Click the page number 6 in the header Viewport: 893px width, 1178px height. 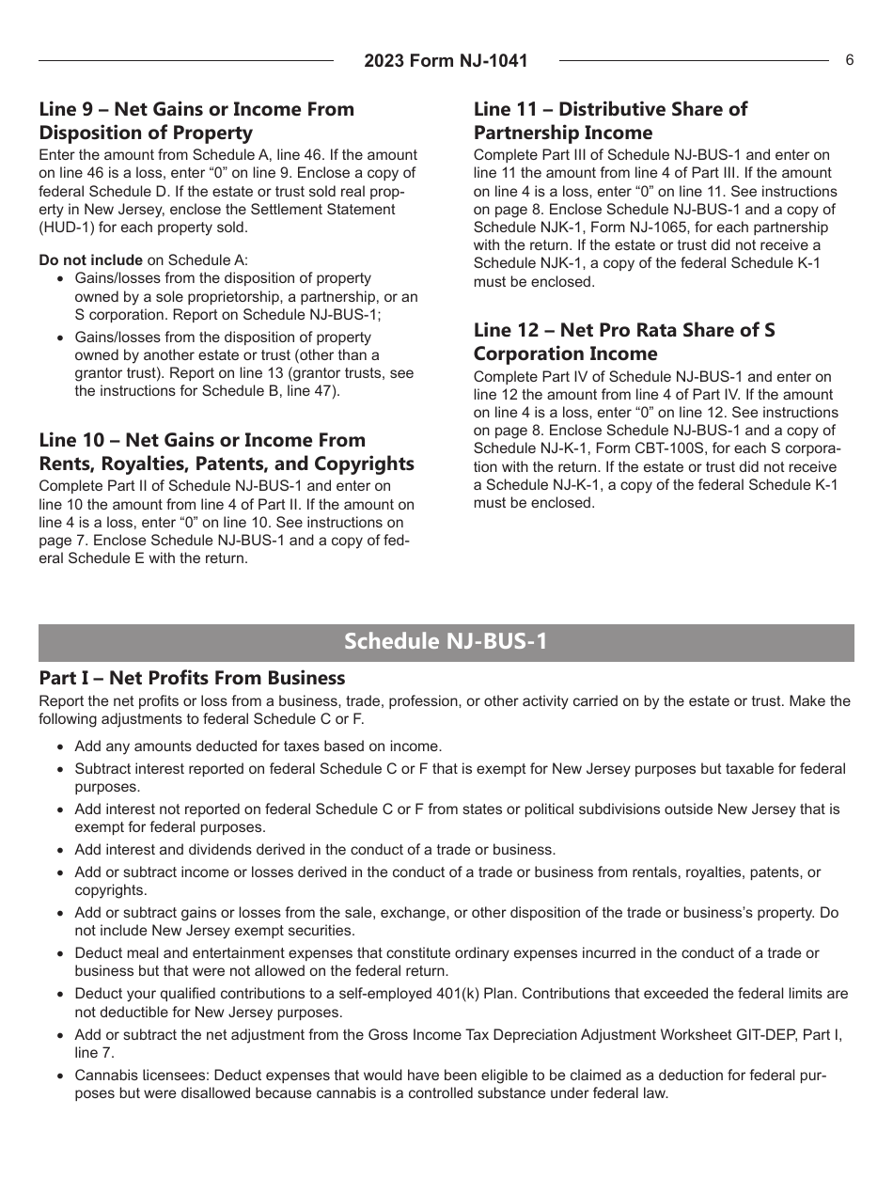coord(849,60)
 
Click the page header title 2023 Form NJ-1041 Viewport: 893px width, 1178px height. coord(446,61)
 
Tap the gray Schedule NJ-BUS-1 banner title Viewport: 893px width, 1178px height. coord(446,642)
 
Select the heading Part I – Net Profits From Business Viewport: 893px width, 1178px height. coord(192,678)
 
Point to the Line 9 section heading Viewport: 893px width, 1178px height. coord(196,120)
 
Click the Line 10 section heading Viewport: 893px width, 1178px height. coord(226,451)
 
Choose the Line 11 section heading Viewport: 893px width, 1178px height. coord(610,120)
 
